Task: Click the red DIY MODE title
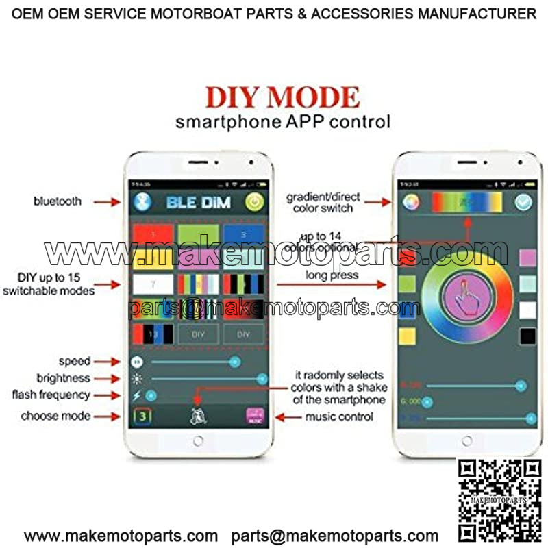(x=282, y=97)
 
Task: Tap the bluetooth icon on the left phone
(x=142, y=201)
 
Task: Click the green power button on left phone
(x=255, y=202)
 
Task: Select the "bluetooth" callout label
(x=58, y=201)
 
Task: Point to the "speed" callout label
(x=74, y=361)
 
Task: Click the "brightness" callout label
(x=63, y=378)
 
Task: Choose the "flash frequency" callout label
(x=51, y=395)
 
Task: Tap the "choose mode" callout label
(x=55, y=416)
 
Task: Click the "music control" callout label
(x=340, y=416)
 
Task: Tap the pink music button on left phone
(x=255, y=417)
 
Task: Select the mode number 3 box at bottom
(x=142, y=416)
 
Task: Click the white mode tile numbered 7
(x=153, y=284)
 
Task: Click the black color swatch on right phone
(x=527, y=336)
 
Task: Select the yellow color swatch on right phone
(x=407, y=336)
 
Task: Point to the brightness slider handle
(x=262, y=378)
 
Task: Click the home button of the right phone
(x=466, y=441)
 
